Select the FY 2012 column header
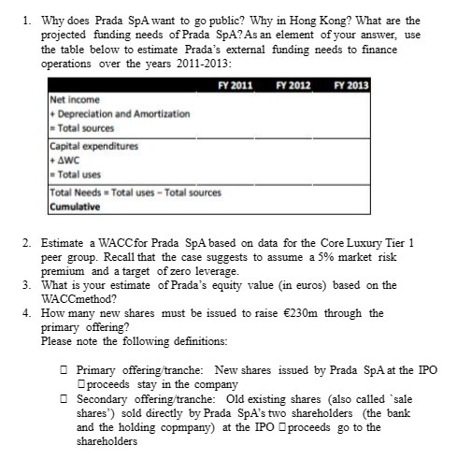click(293, 85)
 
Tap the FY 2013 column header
click(351, 85)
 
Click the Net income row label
click(75, 99)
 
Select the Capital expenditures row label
click(93, 146)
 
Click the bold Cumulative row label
click(76, 206)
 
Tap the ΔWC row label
click(65, 160)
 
